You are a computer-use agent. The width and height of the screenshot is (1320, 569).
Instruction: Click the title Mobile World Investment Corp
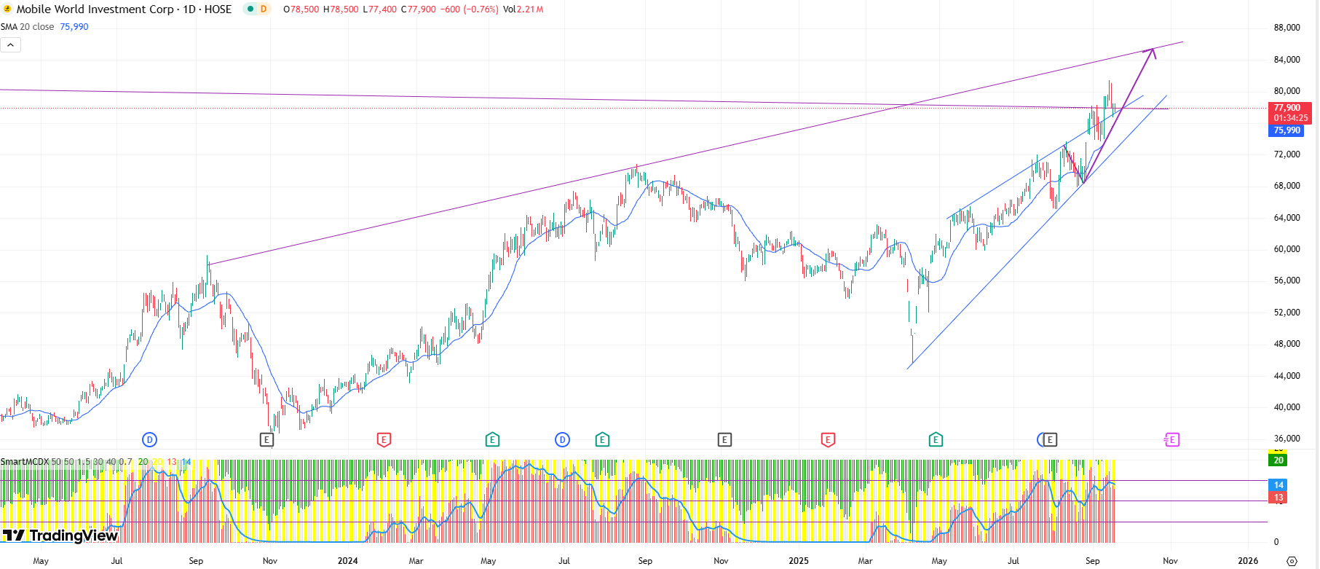pyautogui.click(x=95, y=9)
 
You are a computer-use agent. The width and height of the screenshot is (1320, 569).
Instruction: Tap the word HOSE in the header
pyautogui.click(x=218, y=9)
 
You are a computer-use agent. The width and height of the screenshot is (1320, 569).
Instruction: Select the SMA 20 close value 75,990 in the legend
pyautogui.click(x=74, y=27)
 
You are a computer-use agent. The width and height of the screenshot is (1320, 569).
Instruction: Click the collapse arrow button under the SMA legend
pyautogui.click(x=10, y=45)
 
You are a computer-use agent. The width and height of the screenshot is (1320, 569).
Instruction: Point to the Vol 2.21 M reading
pyautogui.click(x=523, y=9)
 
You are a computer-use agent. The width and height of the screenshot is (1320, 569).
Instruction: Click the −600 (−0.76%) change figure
pyautogui.click(x=469, y=9)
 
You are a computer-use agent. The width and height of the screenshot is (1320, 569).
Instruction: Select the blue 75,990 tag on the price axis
pyautogui.click(x=1287, y=130)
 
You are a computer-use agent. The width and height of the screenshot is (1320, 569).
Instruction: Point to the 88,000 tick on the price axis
pyautogui.click(x=1287, y=28)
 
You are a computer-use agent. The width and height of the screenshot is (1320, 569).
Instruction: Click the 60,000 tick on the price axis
pyautogui.click(x=1287, y=249)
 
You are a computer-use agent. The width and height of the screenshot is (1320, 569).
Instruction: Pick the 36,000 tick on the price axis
pyautogui.click(x=1287, y=439)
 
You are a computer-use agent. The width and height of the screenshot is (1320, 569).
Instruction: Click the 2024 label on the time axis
pyautogui.click(x=347, y=561)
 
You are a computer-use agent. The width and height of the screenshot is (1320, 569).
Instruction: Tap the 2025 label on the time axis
pyautogui.click(x=799, y=561)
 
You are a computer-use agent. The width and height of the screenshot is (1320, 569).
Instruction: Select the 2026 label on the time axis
pyautogui.click(x=1248, y=561)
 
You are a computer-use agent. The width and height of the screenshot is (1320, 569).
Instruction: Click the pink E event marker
pyautogui.click(x=1171, y=439)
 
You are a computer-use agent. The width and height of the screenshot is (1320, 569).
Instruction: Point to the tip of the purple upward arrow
pyautogui.click(x=1153, y=50)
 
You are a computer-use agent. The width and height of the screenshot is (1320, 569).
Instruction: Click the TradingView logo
pyautogui.click(x=60, y=535)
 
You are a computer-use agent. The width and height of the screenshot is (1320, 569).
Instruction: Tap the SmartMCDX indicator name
pyautogui.click(x=25, y=462)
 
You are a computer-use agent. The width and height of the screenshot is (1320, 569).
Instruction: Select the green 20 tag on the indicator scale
pyautogui.click(x=1278, y=460)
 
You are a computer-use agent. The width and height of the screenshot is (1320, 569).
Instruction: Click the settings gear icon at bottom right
pyautogui.click(x=1292, y=561)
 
